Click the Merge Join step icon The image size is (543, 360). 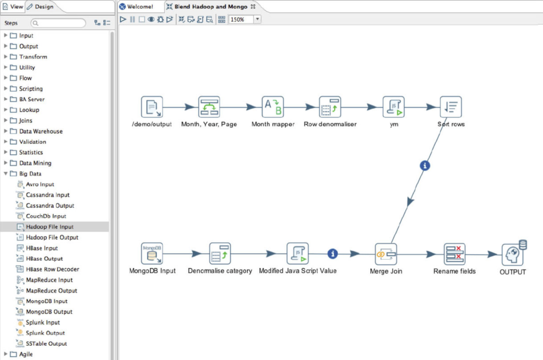[x=386, y=254]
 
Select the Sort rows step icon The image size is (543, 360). [x=451, y=107]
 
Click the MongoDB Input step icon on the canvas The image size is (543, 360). [x=152, y=253]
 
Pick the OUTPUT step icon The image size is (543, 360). [x=513, y=254]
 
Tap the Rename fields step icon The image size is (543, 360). [x=454, y=254]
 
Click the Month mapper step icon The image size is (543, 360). [x=273, y=107]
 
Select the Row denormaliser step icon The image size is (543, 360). [x=330, y=107]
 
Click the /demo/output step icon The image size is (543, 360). [x=152, y=107]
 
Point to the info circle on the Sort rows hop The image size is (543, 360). [x=425, y=165]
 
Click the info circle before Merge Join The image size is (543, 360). [x=332, y=254]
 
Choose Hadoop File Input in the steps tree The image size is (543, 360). [x=49, y=227]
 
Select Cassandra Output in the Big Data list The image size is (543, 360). [x=50, y=206]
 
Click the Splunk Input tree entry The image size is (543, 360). [x=42, y=322]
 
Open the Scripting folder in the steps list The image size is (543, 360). [x=31, y=89]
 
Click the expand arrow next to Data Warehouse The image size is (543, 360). [x=5, y=131]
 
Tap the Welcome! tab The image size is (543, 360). [x=140, y=6]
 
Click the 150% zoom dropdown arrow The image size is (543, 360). [x=257, y=20]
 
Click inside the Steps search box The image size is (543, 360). [x=58, y=23]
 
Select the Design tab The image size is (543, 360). [x=40, y=6]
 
